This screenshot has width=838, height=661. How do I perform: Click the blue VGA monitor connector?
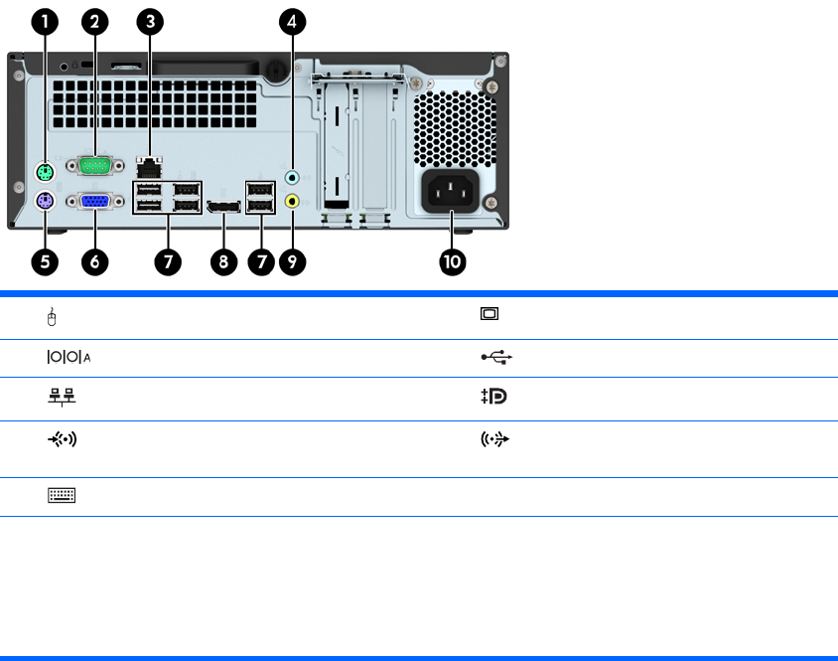click(x=95, y=202)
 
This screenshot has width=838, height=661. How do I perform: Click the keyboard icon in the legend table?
click(x=62, y=494)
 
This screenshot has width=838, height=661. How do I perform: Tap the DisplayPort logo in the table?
click(x=493, y=396)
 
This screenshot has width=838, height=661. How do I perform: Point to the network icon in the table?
click(x=62, y=397)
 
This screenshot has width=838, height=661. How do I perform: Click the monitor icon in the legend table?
click(x=489, y=314)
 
